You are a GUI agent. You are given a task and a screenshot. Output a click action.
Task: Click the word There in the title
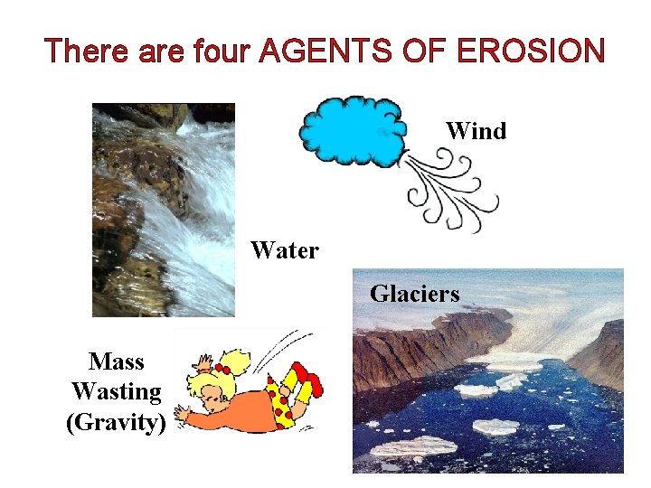coord(88,51)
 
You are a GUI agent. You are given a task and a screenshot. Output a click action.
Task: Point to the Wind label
coord(476,131)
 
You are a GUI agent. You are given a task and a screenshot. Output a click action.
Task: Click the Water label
coord(284,250)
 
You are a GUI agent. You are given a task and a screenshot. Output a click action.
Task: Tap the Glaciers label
coord(414,294)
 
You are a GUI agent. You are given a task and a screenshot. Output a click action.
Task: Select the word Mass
coord(116,361)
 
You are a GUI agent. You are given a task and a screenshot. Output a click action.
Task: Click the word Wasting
coord(116,392)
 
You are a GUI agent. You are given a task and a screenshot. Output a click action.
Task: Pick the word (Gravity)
coord(116,422)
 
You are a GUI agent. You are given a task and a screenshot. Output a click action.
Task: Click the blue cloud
coord(353,131)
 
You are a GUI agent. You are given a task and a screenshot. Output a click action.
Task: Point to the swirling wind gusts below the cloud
coord(448,190)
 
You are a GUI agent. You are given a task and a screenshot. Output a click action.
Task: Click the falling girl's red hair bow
coord(222,369)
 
